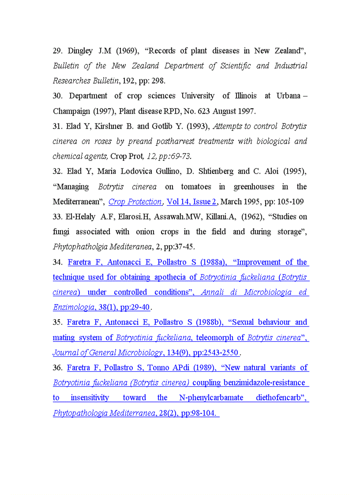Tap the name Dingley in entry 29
[80, 51]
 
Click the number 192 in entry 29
[128, 81]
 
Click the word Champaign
[70, 111]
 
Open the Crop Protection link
[135, 201]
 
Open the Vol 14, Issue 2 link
[191, 201]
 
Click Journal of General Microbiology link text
[107, 353]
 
